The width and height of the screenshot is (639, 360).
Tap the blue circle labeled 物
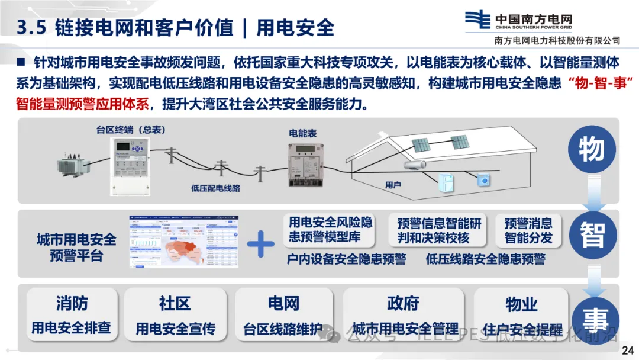tap(591, 150)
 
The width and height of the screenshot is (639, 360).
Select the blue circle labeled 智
tap(591, 236)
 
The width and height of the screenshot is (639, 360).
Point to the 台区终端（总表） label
tap(131, 129)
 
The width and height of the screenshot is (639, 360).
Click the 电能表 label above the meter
tap(302, 134)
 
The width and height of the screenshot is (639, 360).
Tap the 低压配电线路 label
tap(215, 188)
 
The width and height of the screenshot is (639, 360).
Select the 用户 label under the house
tap(393, 185)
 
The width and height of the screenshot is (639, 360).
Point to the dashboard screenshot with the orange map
tap(185, 242)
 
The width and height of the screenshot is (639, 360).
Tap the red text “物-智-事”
tap(599, 83)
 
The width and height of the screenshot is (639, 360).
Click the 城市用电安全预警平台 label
tap(76, 247)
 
